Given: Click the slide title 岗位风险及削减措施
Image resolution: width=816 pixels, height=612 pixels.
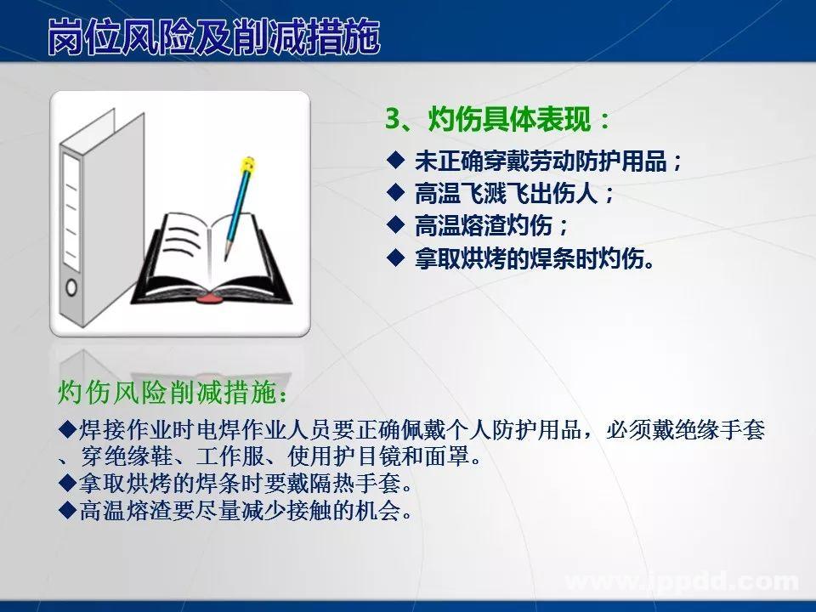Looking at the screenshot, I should click(x=213, y=37).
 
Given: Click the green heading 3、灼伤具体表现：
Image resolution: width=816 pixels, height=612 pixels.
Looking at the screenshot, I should click(x=498, y=120).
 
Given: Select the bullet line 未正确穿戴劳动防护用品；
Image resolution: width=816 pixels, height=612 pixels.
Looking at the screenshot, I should click(x=548, y=161).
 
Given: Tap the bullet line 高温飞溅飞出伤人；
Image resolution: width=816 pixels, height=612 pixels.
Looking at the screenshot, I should click(x=514, y=194).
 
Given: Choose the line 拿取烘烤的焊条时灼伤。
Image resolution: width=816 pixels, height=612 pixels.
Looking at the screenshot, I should click(x=535, y=258).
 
